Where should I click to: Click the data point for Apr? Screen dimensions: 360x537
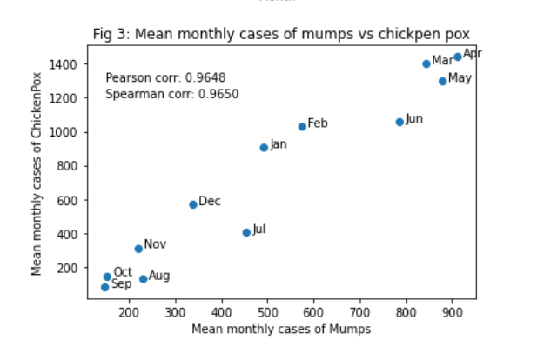(458, 57)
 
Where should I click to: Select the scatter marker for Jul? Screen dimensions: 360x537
(246, 232)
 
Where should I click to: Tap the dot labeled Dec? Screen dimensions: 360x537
(193, 204)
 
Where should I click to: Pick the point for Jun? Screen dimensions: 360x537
(399, 122)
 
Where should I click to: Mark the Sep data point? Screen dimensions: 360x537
(104, 287)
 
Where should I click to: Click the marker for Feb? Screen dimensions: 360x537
(302, 126)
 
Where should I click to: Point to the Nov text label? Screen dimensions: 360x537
(155, 244)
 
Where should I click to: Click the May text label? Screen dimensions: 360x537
(460, 78)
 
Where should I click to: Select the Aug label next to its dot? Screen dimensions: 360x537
(159, 276)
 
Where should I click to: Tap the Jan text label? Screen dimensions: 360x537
(279, 144)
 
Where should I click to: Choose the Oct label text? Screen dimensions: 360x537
(123, 272)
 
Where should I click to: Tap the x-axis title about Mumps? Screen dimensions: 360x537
(281, 330)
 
